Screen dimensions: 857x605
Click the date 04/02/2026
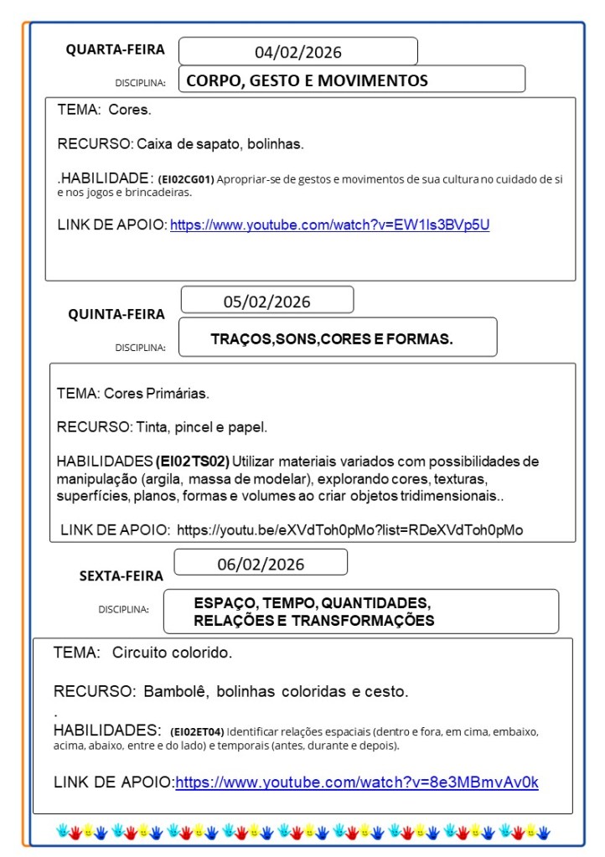[x=298, y=52]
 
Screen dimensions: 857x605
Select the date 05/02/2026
[x=266, y=302]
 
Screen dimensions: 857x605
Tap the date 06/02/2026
[x=261, y=564]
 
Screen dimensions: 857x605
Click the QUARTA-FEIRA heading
[x=116, y=49]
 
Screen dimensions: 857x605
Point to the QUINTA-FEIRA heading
[x=116, y=314]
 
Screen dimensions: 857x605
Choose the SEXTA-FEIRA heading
[x=122, y=576]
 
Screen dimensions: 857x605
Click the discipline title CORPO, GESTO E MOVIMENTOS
[x=307, y=80]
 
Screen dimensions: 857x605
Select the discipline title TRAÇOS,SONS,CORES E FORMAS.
[x=332, y=339]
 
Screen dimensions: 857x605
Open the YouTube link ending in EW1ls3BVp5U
[x=329, y=225]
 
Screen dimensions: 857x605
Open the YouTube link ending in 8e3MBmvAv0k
[x=357, y=782]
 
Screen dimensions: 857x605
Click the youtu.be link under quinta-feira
[x=349, y=529]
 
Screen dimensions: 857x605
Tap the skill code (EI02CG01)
[x=186, y=179]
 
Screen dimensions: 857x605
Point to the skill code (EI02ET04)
[x=197, y=731]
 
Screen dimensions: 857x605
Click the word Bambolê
[x=175, y=692]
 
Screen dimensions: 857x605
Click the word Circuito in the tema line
[x=142, y=652]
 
